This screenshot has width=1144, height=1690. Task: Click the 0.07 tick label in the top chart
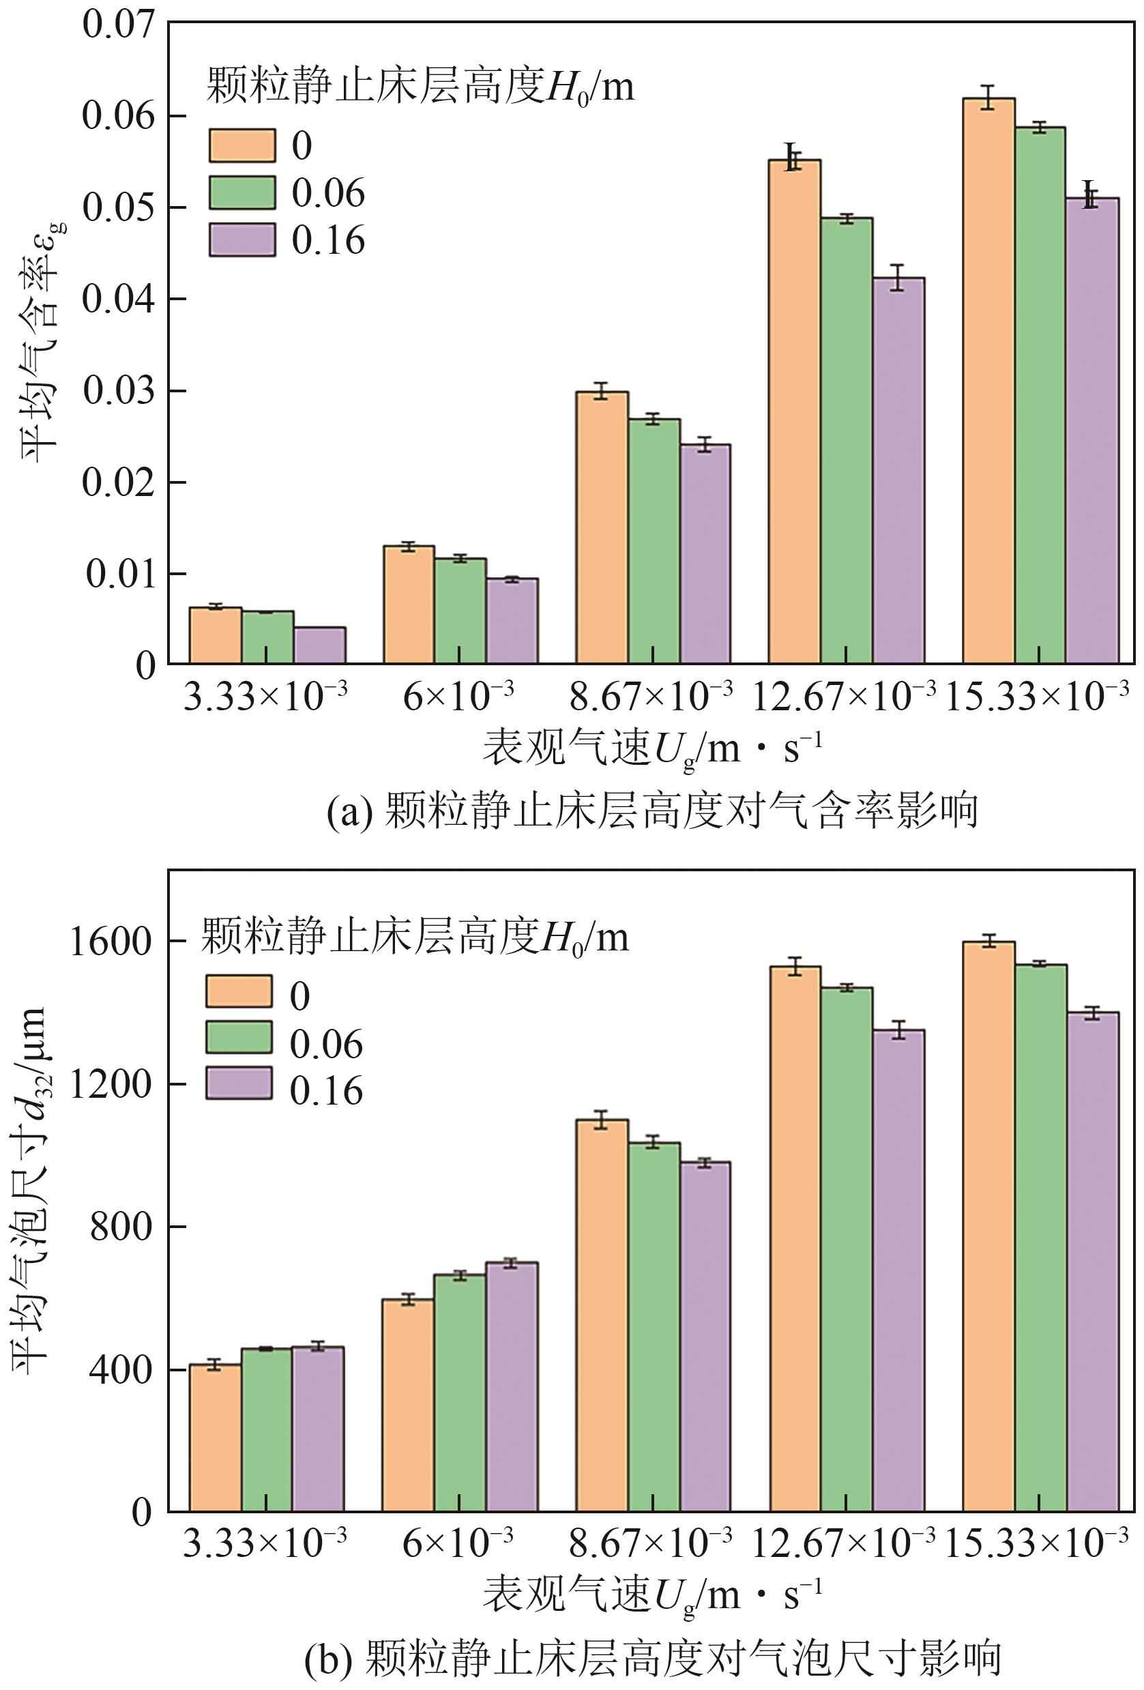[x=119, y=25]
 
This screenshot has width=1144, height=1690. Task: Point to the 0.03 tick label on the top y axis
[x=119, y=391]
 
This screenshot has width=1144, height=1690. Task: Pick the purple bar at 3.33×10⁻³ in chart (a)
[x=320, y=645]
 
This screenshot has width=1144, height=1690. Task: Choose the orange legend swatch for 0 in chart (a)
[x=242, y=145]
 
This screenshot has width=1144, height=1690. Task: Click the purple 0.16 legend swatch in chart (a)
[x=242, y=240]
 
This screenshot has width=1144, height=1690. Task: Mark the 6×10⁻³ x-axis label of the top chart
[x=459, y=696]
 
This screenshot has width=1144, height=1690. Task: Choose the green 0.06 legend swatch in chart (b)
[x=239, y=1038]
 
